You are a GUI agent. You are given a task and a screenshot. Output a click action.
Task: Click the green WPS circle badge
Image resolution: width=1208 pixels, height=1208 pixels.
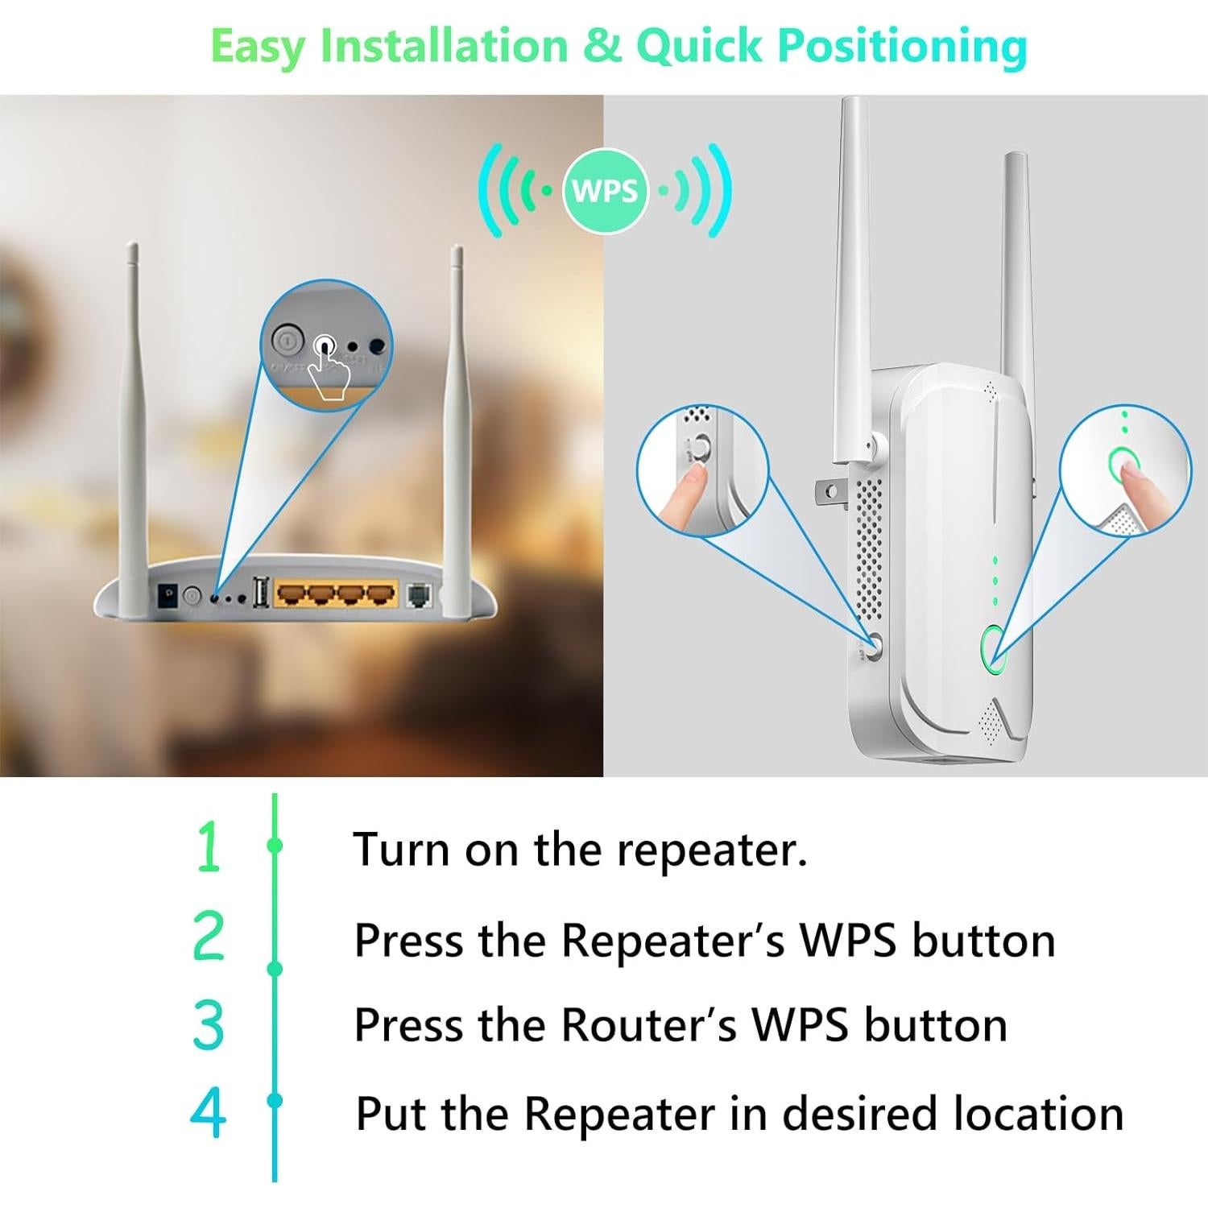click(605, 191)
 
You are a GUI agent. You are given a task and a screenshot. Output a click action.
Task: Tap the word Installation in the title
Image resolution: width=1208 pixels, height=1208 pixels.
click(444, 45)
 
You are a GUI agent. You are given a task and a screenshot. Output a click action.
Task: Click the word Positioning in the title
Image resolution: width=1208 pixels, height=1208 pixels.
click(902, 47)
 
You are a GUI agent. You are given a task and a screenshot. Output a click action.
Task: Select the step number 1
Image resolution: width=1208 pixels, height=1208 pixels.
click(209, 846)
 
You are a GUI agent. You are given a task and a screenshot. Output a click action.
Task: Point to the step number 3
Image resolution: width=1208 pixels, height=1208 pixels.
click(209, 1024)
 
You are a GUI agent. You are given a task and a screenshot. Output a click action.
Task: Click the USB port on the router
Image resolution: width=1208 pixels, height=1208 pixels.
click(261, 594)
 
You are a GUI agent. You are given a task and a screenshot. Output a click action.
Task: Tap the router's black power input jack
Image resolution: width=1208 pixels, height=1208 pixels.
click(168, 595)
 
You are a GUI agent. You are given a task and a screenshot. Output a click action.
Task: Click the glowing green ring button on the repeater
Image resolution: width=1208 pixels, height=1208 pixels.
click(994, 648)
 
